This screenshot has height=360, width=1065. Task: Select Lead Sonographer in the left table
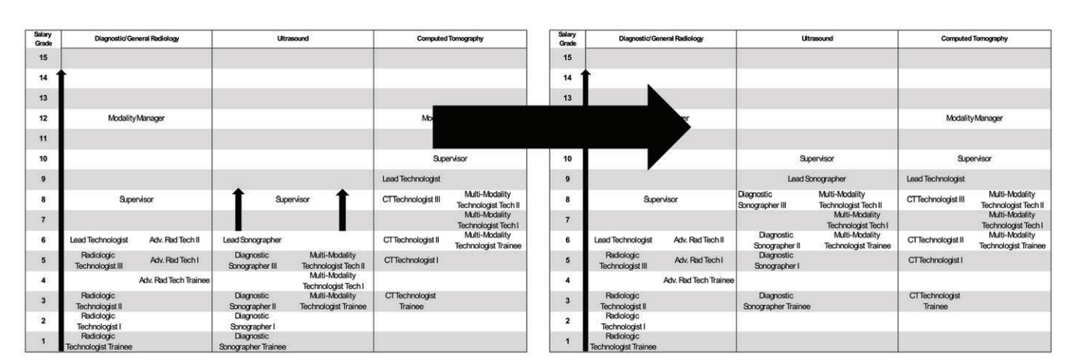252,240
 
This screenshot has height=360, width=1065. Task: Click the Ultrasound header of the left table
292,38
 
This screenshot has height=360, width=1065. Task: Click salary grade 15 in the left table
43,57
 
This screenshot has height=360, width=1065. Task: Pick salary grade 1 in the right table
567,342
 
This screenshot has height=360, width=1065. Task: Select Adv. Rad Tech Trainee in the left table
174,281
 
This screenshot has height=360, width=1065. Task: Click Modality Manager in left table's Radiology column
136,118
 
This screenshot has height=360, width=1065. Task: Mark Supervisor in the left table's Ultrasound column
292,199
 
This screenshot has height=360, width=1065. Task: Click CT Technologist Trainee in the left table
411,300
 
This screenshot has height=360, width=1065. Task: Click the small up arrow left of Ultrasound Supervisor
239,209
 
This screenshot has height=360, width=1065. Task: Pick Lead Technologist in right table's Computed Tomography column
935,179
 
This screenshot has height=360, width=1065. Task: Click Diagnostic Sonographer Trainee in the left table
252,342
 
